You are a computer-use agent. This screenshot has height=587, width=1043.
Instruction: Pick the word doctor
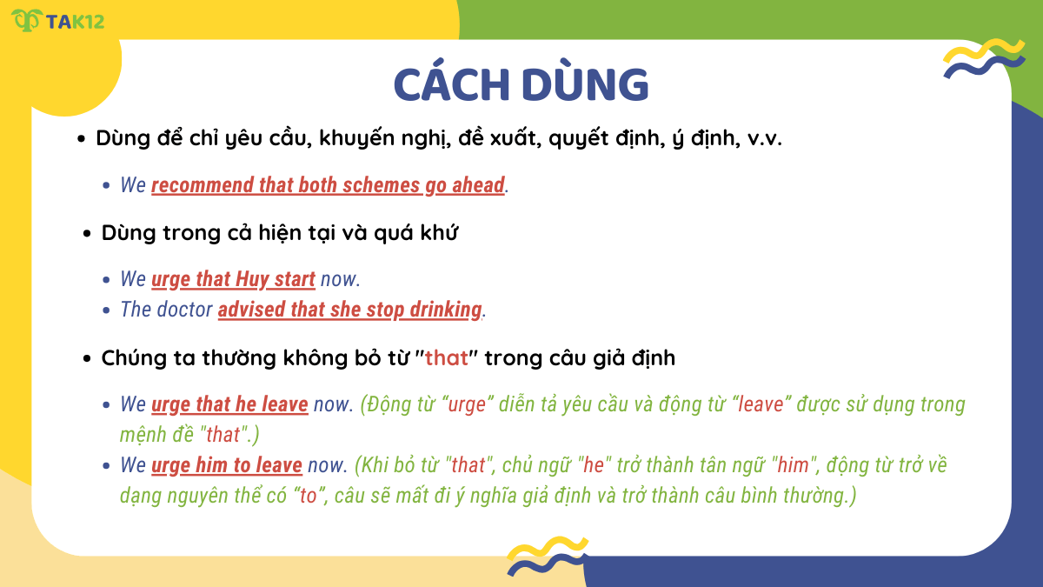184,310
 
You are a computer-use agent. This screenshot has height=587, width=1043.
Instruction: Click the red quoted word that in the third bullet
446,357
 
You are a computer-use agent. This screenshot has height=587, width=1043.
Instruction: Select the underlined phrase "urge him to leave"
227,465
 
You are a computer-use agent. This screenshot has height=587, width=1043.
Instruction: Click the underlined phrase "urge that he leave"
229,404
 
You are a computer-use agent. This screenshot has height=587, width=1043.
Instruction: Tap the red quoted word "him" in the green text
793,465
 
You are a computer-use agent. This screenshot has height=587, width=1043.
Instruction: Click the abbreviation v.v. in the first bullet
765,139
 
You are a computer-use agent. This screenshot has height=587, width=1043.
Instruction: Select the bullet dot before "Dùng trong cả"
87,235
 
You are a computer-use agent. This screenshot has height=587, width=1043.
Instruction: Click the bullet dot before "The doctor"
106,310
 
